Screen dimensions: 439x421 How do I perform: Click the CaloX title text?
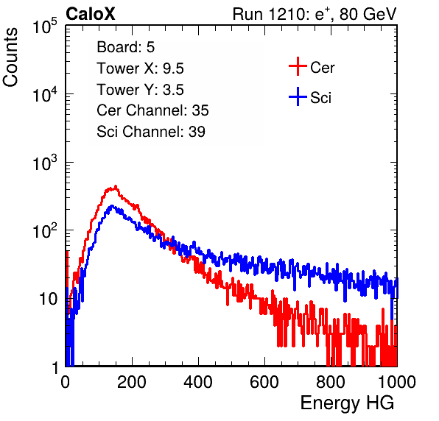[91, 14]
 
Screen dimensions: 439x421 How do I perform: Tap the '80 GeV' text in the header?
[368, 14]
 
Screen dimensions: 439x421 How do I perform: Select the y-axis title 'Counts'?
[10, 57]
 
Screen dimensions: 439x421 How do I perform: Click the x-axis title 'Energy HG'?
[347, 403]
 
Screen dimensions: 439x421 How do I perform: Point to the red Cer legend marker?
[298, 66]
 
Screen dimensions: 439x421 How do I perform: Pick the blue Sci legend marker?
[298, 96]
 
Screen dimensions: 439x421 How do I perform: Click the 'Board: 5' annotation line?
[126, 47]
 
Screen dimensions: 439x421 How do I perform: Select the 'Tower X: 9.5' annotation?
[140, 68]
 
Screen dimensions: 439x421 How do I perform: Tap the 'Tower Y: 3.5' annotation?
[140, 90]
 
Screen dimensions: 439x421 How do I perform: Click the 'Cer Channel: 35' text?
[152, 110]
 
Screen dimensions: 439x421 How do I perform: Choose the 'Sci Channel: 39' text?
[151, 132]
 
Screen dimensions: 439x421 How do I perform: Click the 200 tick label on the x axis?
[132, 382]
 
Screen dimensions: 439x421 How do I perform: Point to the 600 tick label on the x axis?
[264, 382]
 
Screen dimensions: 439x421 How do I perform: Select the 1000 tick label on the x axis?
[397, 382]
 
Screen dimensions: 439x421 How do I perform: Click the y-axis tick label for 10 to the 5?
[45, 26]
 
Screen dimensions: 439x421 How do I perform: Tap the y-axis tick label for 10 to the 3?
[45, 162]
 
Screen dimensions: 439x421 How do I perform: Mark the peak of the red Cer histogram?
[116, 186]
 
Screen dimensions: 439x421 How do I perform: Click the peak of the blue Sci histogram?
[112, 206]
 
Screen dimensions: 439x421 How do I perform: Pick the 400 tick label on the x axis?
[198, 382]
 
